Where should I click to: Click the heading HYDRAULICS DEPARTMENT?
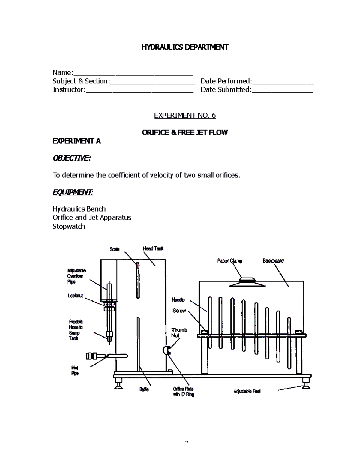185,47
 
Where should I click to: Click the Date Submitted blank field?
283,90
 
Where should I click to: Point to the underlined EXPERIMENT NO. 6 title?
185,116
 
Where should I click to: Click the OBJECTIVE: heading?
72,158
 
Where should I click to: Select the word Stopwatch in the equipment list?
69,226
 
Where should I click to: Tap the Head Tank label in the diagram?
153,248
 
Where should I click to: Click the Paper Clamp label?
230,261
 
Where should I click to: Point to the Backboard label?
273,261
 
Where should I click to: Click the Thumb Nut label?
179,332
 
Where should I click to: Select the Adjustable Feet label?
247,391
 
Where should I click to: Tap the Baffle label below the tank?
144,389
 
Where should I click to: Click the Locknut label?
75,296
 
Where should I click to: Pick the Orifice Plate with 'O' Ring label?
183,392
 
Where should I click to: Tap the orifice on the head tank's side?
166,350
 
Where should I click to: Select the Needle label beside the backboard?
178,300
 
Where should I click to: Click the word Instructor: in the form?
69,90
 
